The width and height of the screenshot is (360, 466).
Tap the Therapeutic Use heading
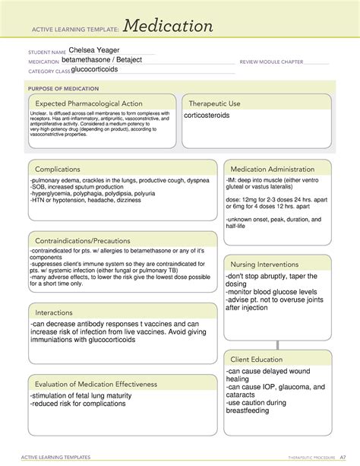[215, 103]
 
